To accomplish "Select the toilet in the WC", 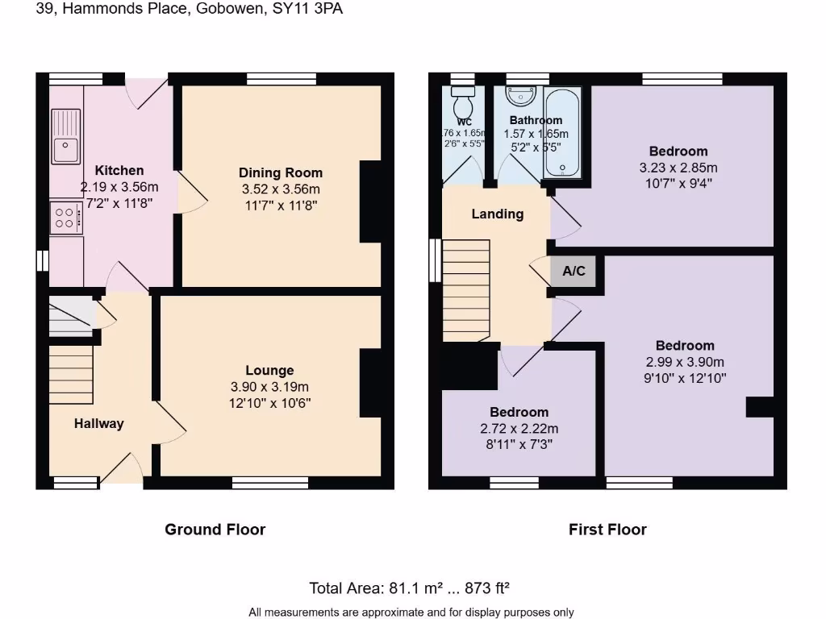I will [463, 104].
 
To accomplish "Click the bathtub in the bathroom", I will [562, 133].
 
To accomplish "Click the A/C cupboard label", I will [574, 271].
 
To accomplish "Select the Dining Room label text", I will [280, 172].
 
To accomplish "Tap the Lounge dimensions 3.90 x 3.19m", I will [269, 387].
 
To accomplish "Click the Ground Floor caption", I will [215, 530].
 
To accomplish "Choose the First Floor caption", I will [607, 530].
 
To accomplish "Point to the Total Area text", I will [411, 588].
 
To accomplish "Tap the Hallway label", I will [99, 423].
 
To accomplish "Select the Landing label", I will [497, 214].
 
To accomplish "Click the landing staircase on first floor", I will [466, 290].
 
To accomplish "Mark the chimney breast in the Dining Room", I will [370, 201].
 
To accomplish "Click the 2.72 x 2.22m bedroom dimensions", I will [519, 428].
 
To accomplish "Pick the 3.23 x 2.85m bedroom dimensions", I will [678, 168].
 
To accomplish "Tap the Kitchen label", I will [119, 170].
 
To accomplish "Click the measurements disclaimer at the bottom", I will [411, 612].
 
